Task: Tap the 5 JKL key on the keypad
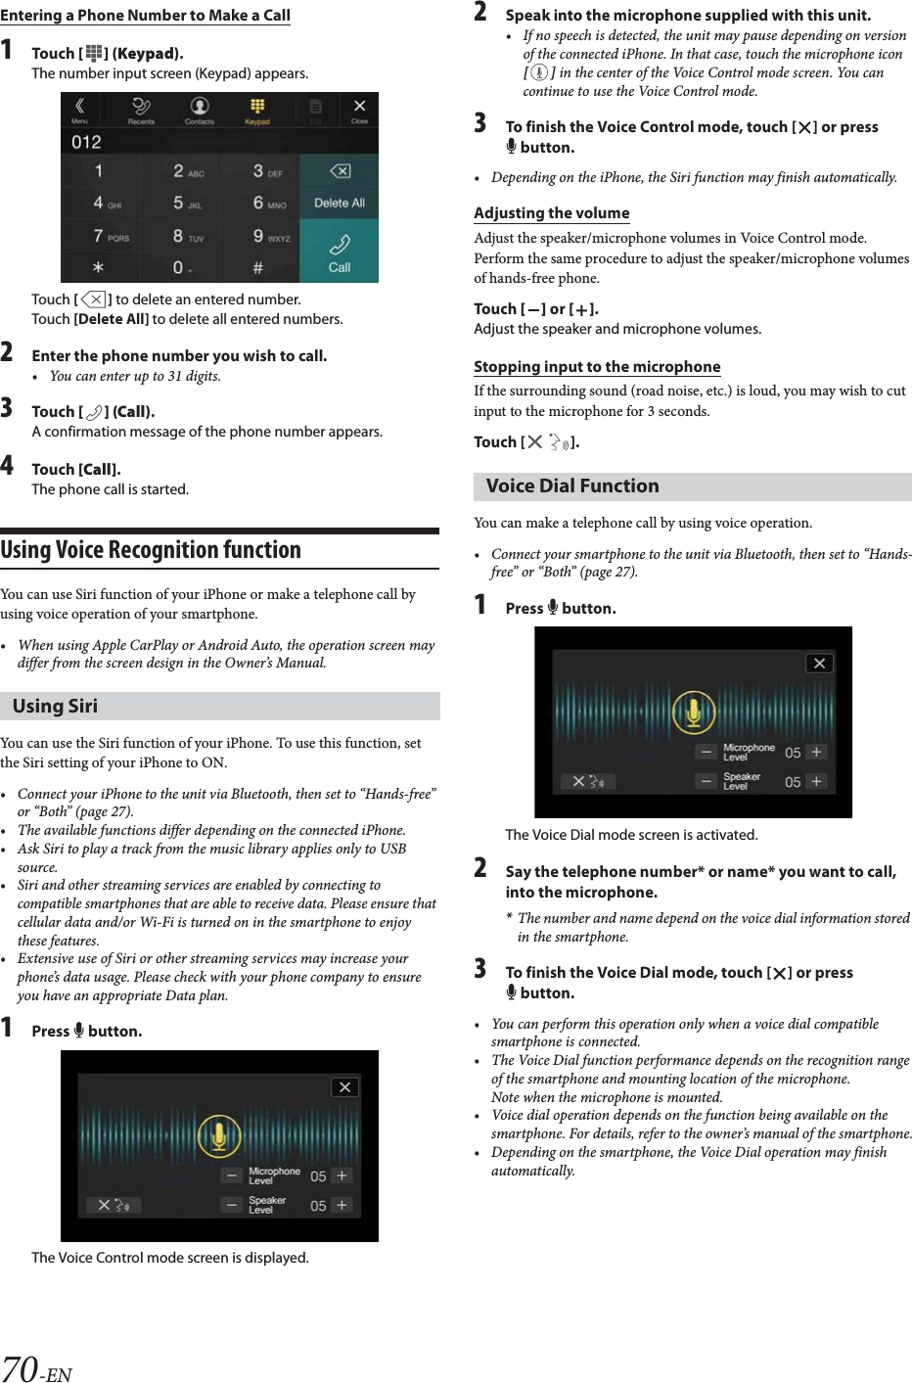click(x=186, y=204)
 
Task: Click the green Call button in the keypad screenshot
click(x=339, y=252)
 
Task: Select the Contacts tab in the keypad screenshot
click(x=200, y=110)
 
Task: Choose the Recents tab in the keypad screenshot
click(x=141, y=110)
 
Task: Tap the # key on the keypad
click(x=258, y=267)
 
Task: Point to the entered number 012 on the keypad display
click(x=87, y=142)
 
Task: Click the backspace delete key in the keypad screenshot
click(x=340, y=171)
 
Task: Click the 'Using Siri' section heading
click(x=56, y=706)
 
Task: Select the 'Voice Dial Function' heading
click(x=572, y=486)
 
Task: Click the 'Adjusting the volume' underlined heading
click(x=551, y=213)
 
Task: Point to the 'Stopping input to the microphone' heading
click(x=597, y=367)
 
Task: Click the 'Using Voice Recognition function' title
click(x=151, y=550)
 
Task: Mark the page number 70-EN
click(x=36, y=1368)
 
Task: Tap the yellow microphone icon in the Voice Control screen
click(x=219, y=1135)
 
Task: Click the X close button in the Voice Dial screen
click(x=819, y=663)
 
